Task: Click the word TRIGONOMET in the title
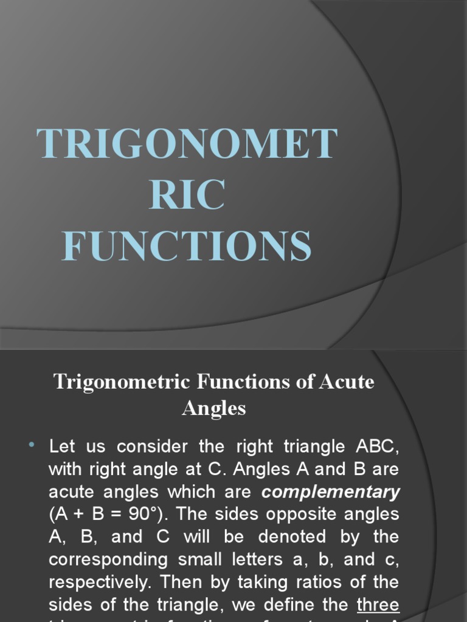[x=187, y=144]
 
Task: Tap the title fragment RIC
[x=187, y=195]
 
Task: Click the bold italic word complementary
[x=331, y=491]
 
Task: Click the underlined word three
[x=378, y=605]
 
